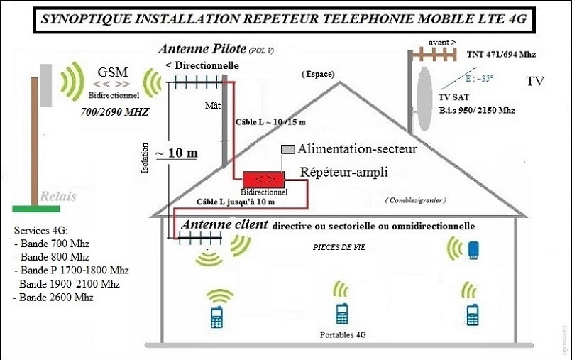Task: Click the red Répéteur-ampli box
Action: pyautogui.click(x=263, y=178)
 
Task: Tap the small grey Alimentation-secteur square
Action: pyautogui.click(x=287, y=150)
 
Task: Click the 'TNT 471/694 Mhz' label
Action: pyautogui.click(x=501, y=54)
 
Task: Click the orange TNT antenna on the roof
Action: pyautogui.click(x=433, y=54)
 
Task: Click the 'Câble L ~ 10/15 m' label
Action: pyautogui.click(x=270, y=122)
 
